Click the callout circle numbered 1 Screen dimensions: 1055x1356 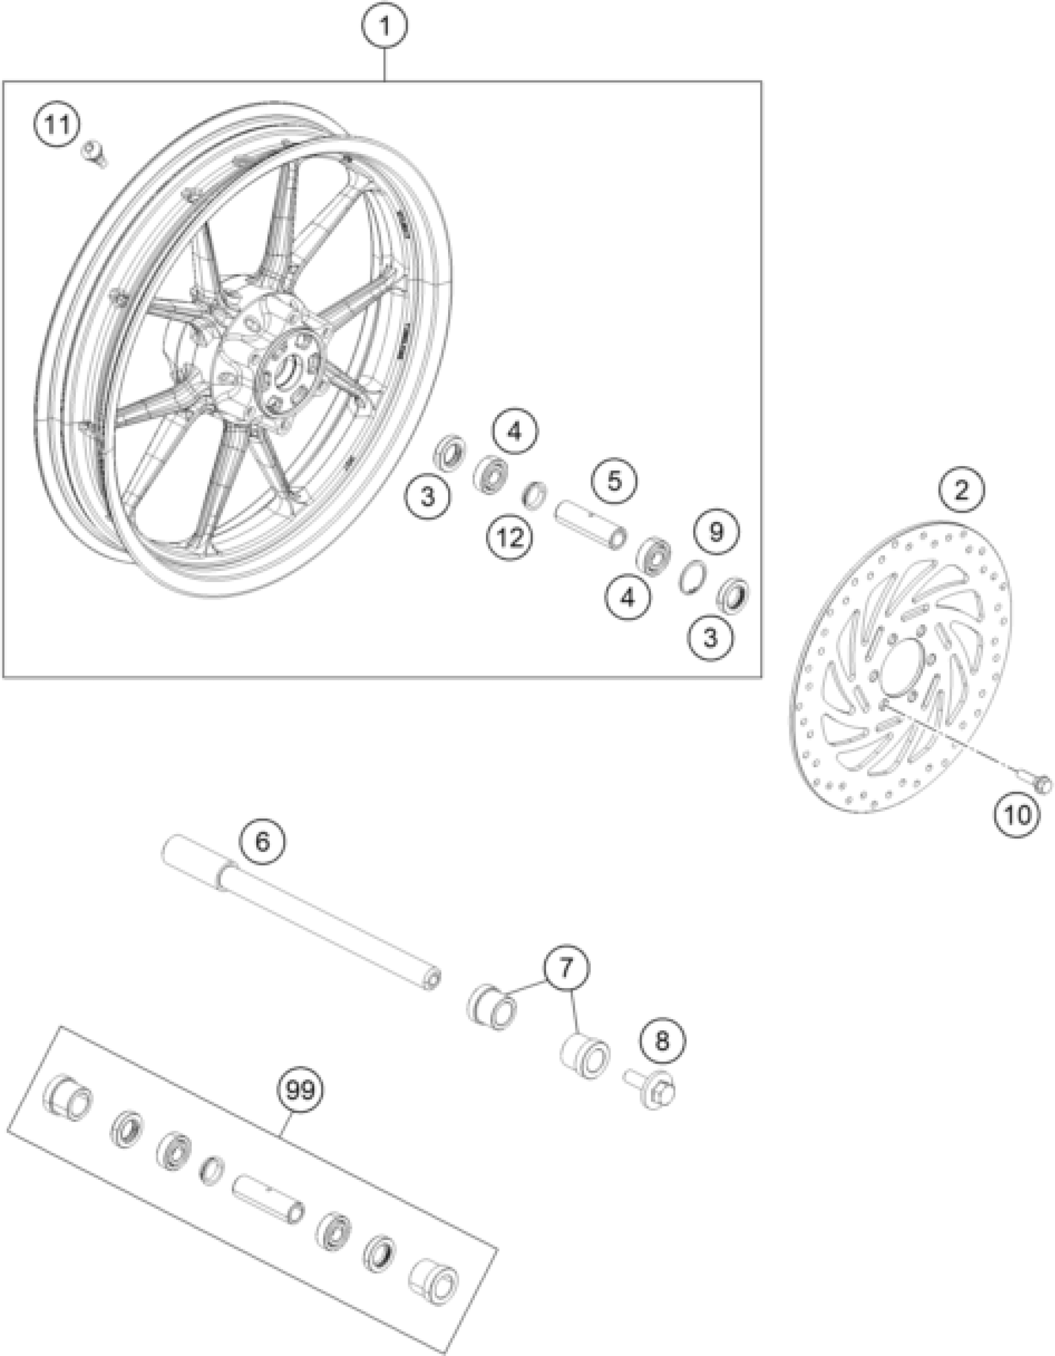[x=385, y=27]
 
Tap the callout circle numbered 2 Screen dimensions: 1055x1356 [x=961, y=491]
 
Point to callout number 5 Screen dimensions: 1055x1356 [x=614, y=480]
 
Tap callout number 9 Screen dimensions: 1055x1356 [x=716, y=531]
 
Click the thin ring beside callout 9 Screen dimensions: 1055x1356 [x=691, y=577]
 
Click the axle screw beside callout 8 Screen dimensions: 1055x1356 [x=651, y=1091]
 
